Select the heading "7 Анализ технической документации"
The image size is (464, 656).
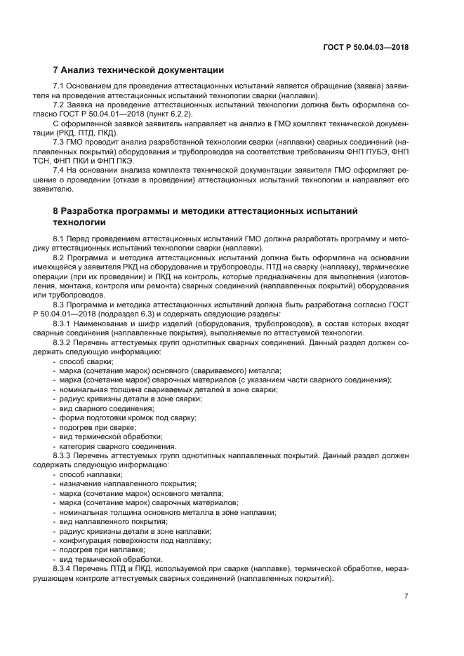[x=138, y=70]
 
